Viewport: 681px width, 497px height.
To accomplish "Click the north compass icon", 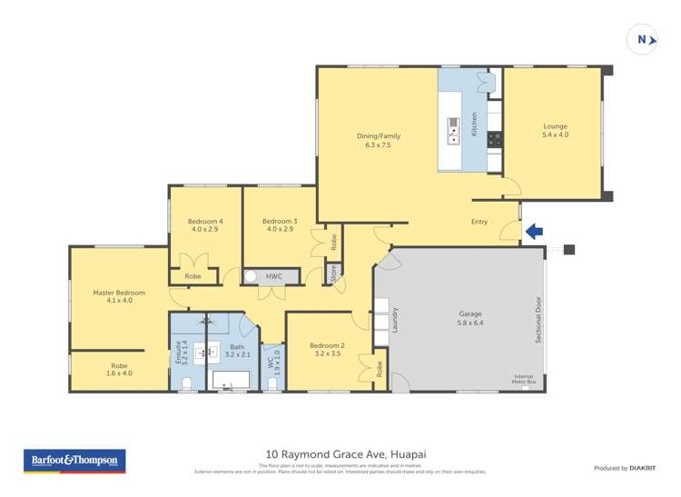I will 643,39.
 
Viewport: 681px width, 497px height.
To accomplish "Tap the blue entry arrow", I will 535,232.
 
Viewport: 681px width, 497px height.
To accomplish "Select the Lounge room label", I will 556,130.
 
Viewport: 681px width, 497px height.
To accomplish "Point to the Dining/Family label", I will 378,140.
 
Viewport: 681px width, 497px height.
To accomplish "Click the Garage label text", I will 469,318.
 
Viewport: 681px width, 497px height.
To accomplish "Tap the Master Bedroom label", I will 119,296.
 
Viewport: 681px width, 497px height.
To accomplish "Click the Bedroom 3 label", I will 280,225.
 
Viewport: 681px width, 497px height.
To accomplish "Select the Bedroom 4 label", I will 205,225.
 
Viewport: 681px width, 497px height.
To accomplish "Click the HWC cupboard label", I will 274,276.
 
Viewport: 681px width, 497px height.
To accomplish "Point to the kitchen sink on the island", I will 452,132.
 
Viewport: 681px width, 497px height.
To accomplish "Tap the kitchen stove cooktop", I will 495,139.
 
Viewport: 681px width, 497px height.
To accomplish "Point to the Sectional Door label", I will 538,319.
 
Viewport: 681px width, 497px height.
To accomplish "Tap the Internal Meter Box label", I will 524,379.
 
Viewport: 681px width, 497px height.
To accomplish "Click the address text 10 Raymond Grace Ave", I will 340,453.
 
